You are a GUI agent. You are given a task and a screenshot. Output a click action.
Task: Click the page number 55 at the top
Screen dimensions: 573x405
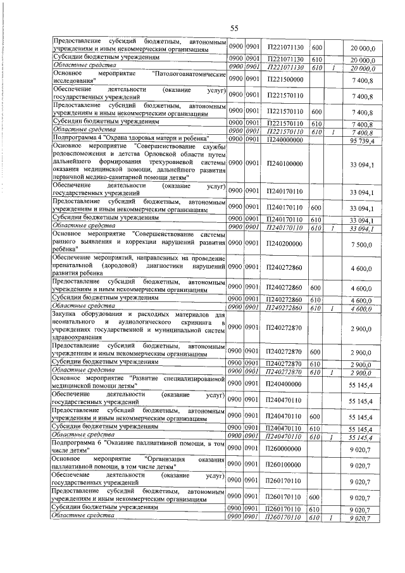[234, 28]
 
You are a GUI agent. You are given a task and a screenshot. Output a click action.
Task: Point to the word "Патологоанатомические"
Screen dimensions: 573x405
[190, 74]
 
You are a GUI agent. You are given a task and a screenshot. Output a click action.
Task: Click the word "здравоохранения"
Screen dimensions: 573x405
[79, 337]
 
